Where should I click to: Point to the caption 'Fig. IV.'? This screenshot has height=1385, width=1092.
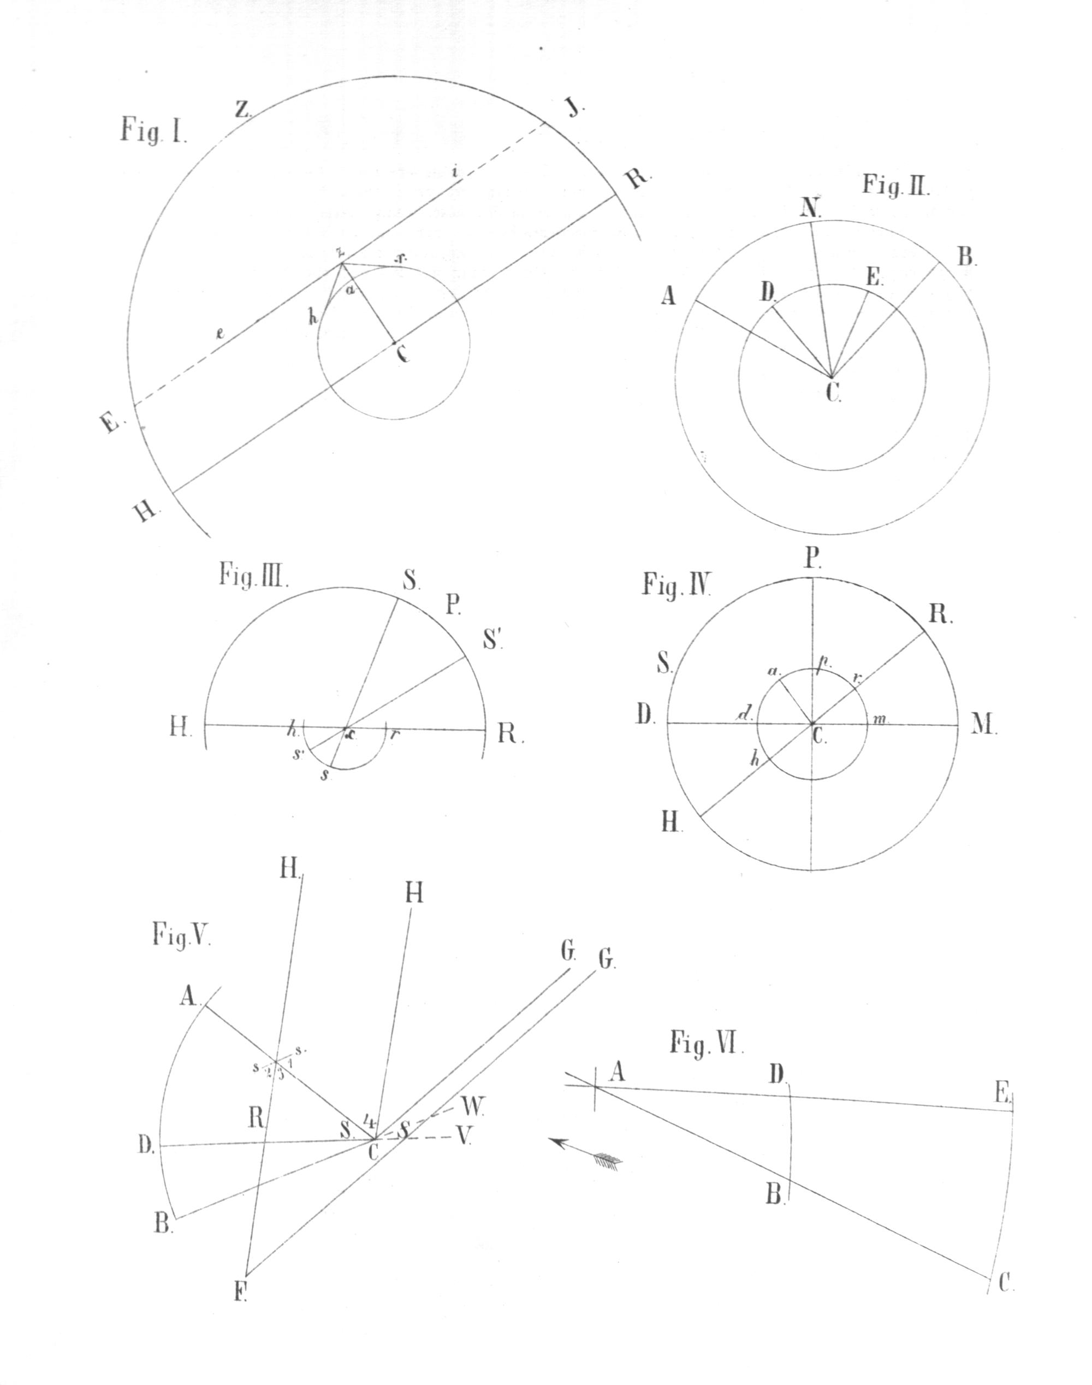click(x=678, y=585)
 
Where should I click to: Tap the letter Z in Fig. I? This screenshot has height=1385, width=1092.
click(x=242, y=109)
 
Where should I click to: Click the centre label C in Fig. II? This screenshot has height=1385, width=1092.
click(x=833, y=392)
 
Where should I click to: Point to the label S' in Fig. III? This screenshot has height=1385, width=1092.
click(x=493, y=640)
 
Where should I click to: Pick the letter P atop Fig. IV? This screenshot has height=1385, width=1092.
click(x=812, y=559)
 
